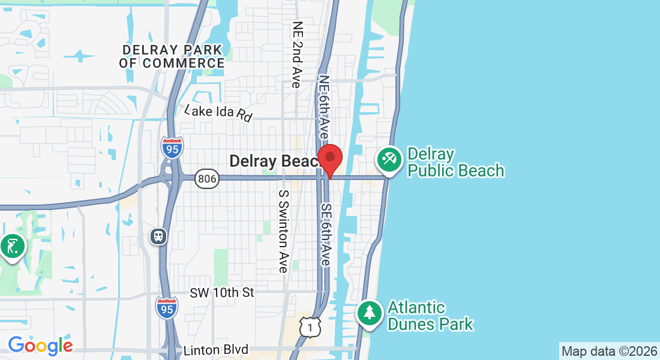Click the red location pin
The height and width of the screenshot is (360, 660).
click(x=329, y=158)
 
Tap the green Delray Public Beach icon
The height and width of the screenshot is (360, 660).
click(x=389, y=161)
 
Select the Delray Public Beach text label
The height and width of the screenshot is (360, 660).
click(x=455, y=163)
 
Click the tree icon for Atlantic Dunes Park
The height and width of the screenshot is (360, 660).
click(x=370, y=314)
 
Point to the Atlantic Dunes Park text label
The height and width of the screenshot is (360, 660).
click(x=430, y=316)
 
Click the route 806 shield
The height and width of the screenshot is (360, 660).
click(x=205, y=178)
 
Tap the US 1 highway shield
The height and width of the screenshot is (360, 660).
click(x=310, y=326)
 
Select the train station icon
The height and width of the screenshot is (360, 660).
click(x=158, y=236)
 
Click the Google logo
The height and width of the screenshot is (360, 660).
click(x=40, y=346)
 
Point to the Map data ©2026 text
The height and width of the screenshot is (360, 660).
click(x=608, y=351)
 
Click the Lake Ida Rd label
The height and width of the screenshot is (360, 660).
click(x=218, y=113)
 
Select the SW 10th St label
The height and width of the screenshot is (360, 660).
click(x=222, y=293)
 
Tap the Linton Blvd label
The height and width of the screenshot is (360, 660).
click(x=216, y=350)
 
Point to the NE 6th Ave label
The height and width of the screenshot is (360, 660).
click(x=325, y=108)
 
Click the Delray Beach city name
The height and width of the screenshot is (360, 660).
click(x=274, y=161)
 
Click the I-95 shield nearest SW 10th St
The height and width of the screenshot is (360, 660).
click(x=166, y=308)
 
